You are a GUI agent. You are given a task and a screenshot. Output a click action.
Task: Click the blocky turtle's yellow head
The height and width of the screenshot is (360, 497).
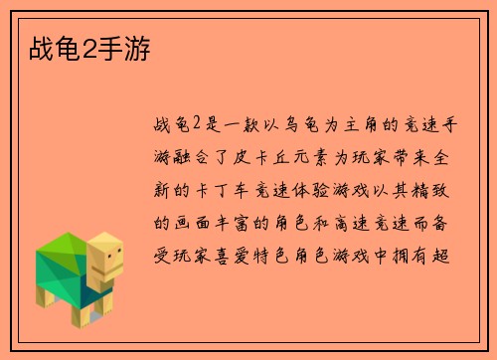pos(104,262)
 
